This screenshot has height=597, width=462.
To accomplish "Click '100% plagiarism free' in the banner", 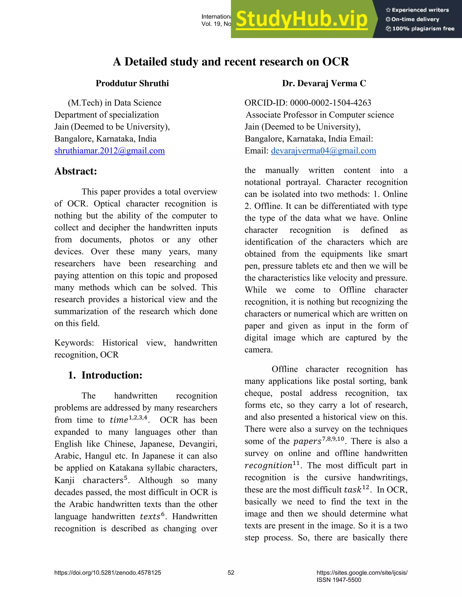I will (423, 29).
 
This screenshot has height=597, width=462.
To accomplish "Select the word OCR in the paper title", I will (335, 62).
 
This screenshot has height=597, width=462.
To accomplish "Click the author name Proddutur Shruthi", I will (132, 83).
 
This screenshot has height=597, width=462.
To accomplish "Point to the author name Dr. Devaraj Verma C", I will (324, 83).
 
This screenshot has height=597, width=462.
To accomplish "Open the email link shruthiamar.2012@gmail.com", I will (109, 151).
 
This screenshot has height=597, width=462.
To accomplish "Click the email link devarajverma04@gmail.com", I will (323, 151).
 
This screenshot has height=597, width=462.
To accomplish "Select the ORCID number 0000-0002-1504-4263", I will (330, 103).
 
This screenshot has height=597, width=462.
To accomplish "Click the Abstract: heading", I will (76, 171).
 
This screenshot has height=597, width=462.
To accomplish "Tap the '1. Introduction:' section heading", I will (105, 375).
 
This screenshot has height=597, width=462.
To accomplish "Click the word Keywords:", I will (74, 343).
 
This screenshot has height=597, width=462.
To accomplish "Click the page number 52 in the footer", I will (231, 573).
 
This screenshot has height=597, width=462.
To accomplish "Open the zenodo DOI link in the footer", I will (108, 573).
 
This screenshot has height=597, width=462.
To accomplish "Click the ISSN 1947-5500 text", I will (339, 580).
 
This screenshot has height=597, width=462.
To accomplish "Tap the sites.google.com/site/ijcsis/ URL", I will (362, 573).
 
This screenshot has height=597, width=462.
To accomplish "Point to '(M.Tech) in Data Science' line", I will (114, 103).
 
